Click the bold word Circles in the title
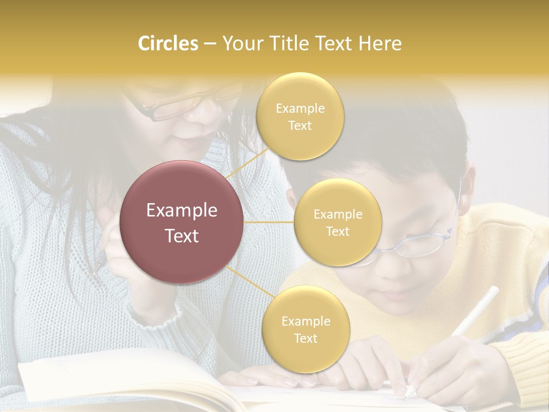pos(168,43)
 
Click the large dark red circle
pos(182,222)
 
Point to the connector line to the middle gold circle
pos(269,222)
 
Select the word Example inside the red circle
pos(182,210)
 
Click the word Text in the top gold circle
pos(300,126)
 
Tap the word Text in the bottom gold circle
pos(305,338)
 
